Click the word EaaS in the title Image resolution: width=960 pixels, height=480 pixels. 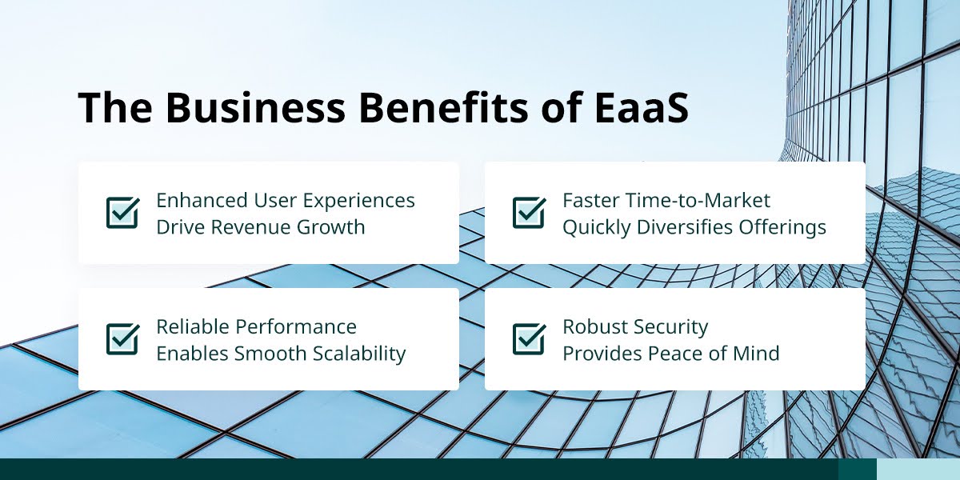[642, 106]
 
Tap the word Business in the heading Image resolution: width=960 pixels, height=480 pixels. [255, 106]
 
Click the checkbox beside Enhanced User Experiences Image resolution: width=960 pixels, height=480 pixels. [123, 213]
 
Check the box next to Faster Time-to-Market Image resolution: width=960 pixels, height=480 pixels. [530, 213]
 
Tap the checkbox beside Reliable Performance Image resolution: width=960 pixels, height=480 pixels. [123, 339]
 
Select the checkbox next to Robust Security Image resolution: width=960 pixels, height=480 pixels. [530, 339]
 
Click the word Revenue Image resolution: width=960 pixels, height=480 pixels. [250, 227]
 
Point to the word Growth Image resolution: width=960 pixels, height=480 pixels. [330, 227]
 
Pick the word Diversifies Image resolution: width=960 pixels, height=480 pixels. [685, 227]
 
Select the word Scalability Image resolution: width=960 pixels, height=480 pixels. [358, 354]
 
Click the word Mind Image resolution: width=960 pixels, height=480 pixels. [756, 354]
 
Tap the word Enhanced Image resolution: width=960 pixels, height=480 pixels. [202, 200]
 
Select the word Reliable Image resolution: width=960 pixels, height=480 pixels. [192, 326]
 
